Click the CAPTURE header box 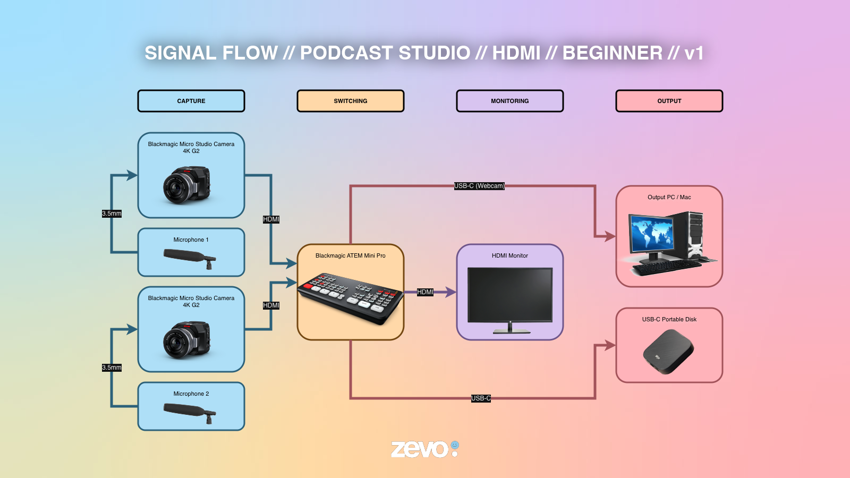pyautogui.click(x=191, y=101)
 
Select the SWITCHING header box pyautogui.click(x=350, y=101)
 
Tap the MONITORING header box pyautogui.click(x=509, y=101)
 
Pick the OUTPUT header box pyautogui.click(x=669, y=101)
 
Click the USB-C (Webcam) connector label pyautogui.click(x=479, y=186)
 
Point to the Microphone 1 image pyautogui.click(x=190, y=258)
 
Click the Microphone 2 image pyautogui.click(x=190, y=413)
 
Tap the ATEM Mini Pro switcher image pyautogui.click(x=350, y=298)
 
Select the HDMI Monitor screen pyautogui.click(x=510, y=295)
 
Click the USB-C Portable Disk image pyautogui.click(x=668, y=351)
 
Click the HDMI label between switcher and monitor pyautogui.click(x=425, y=292)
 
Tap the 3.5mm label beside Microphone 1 pyautogui.click(x=112, y=214)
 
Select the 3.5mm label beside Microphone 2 pyautogui.click(x=112, y=368)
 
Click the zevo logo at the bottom pyautogui.click(x=425, y=449)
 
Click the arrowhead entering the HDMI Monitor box pyautogui.click(x=451, y=292)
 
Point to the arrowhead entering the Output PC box pyautogui.click(x=610, y=236)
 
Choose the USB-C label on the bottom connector pyautogui.click(x=481, y=398)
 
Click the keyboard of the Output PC pyautogui.click(x=667, y=268)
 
